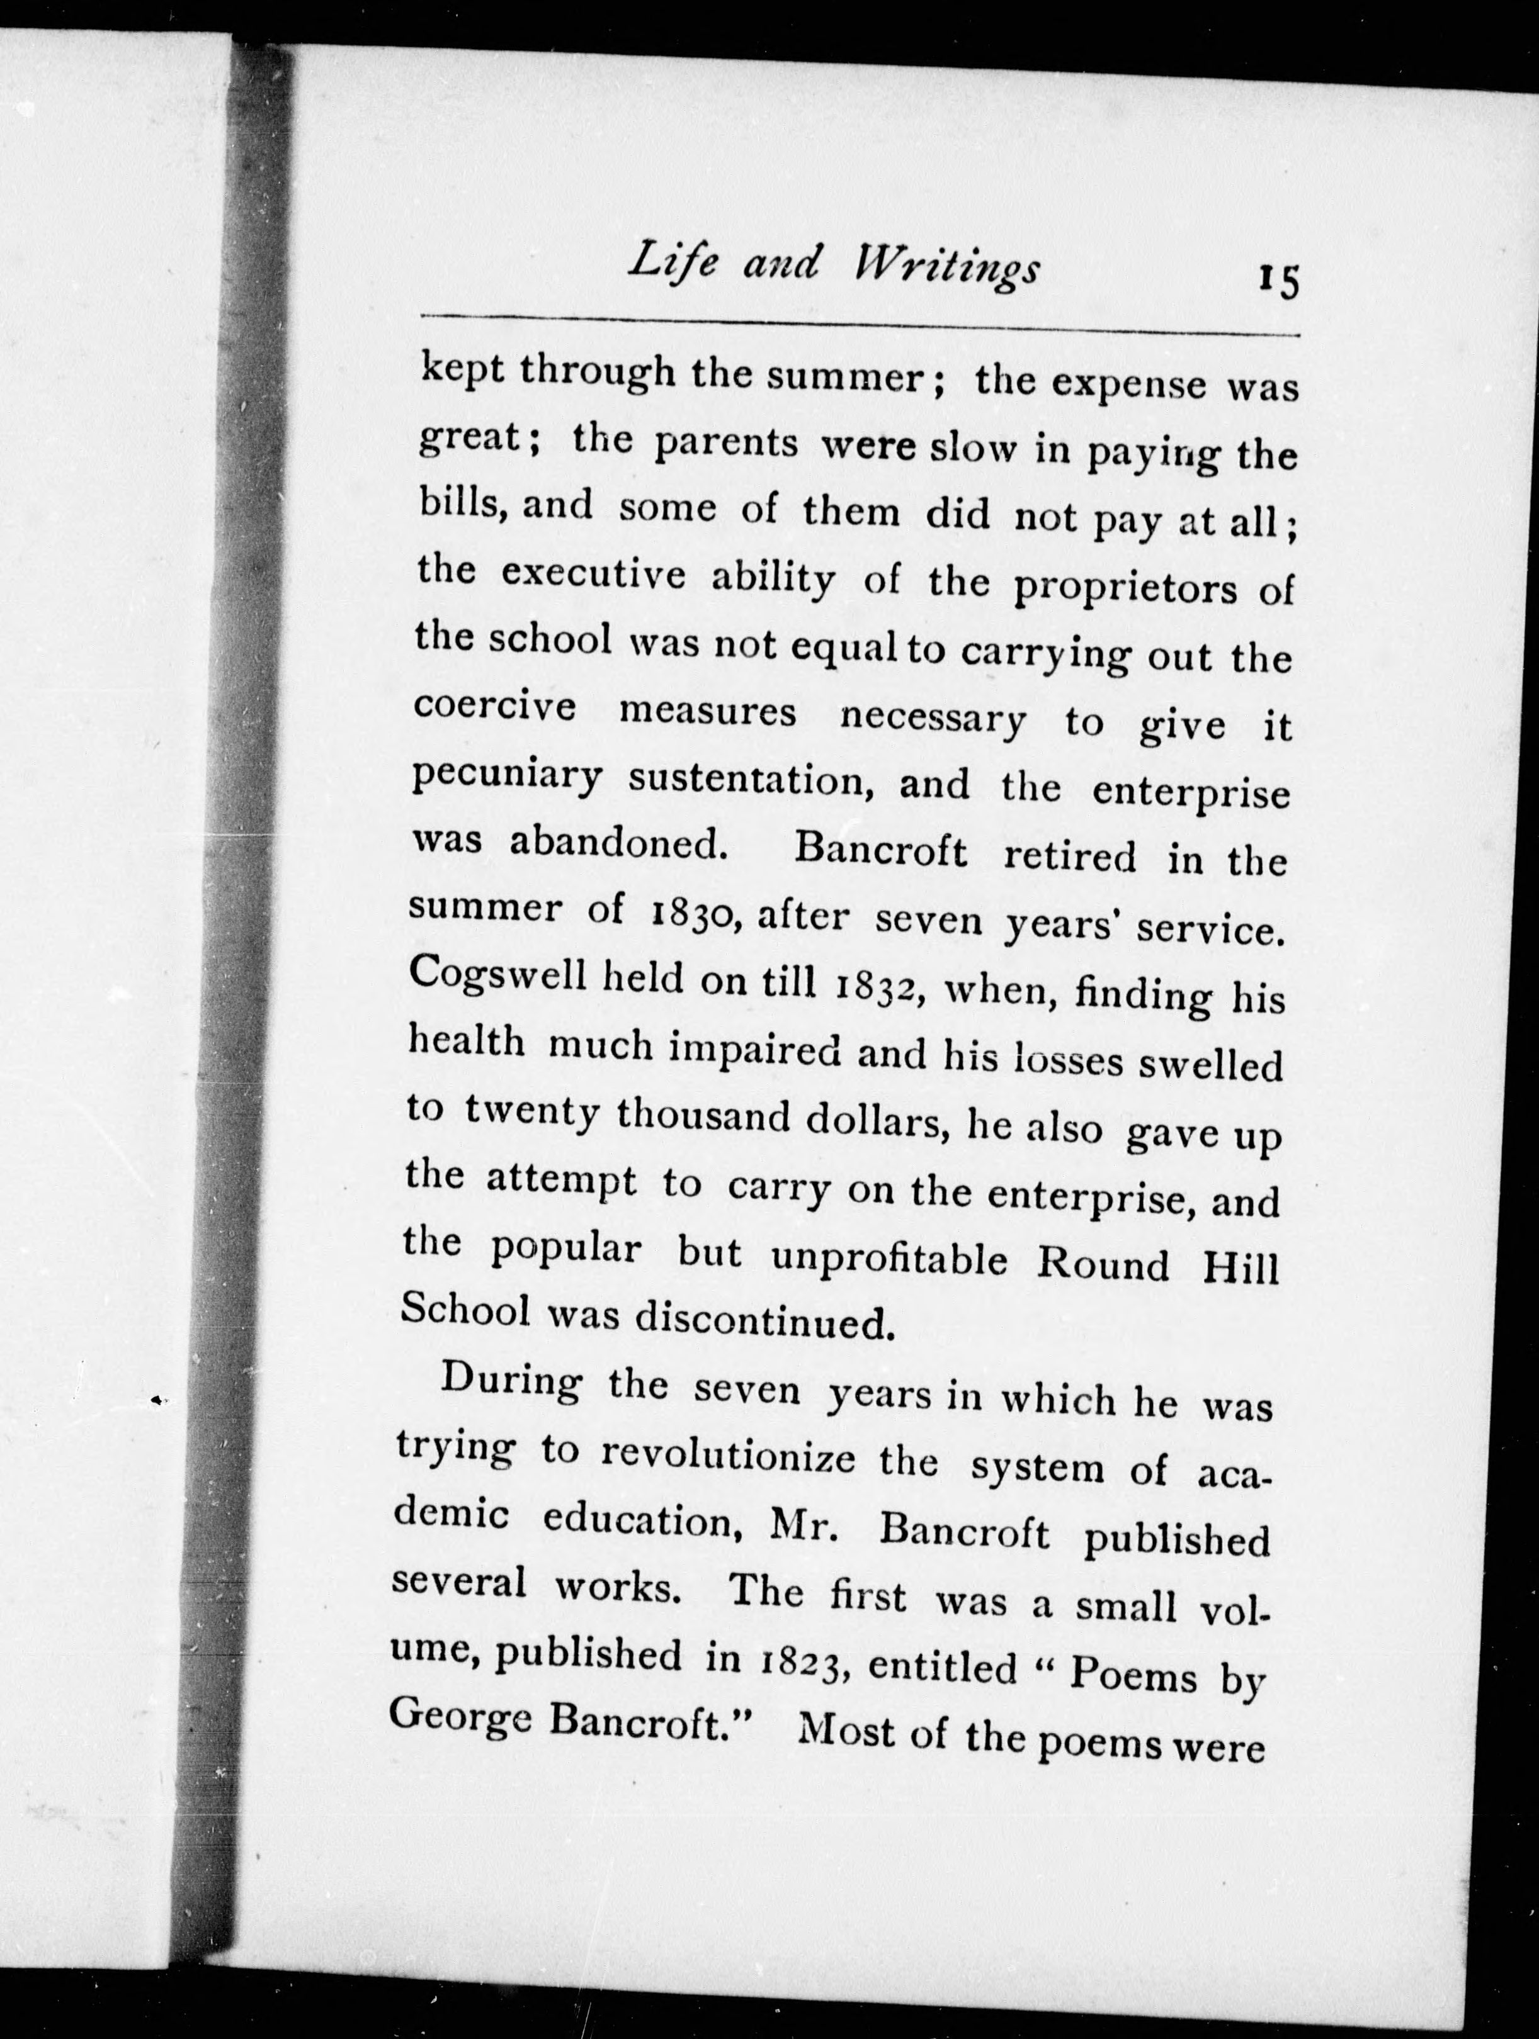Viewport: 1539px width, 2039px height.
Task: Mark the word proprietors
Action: pyautogui.click(x=1125, y=587)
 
